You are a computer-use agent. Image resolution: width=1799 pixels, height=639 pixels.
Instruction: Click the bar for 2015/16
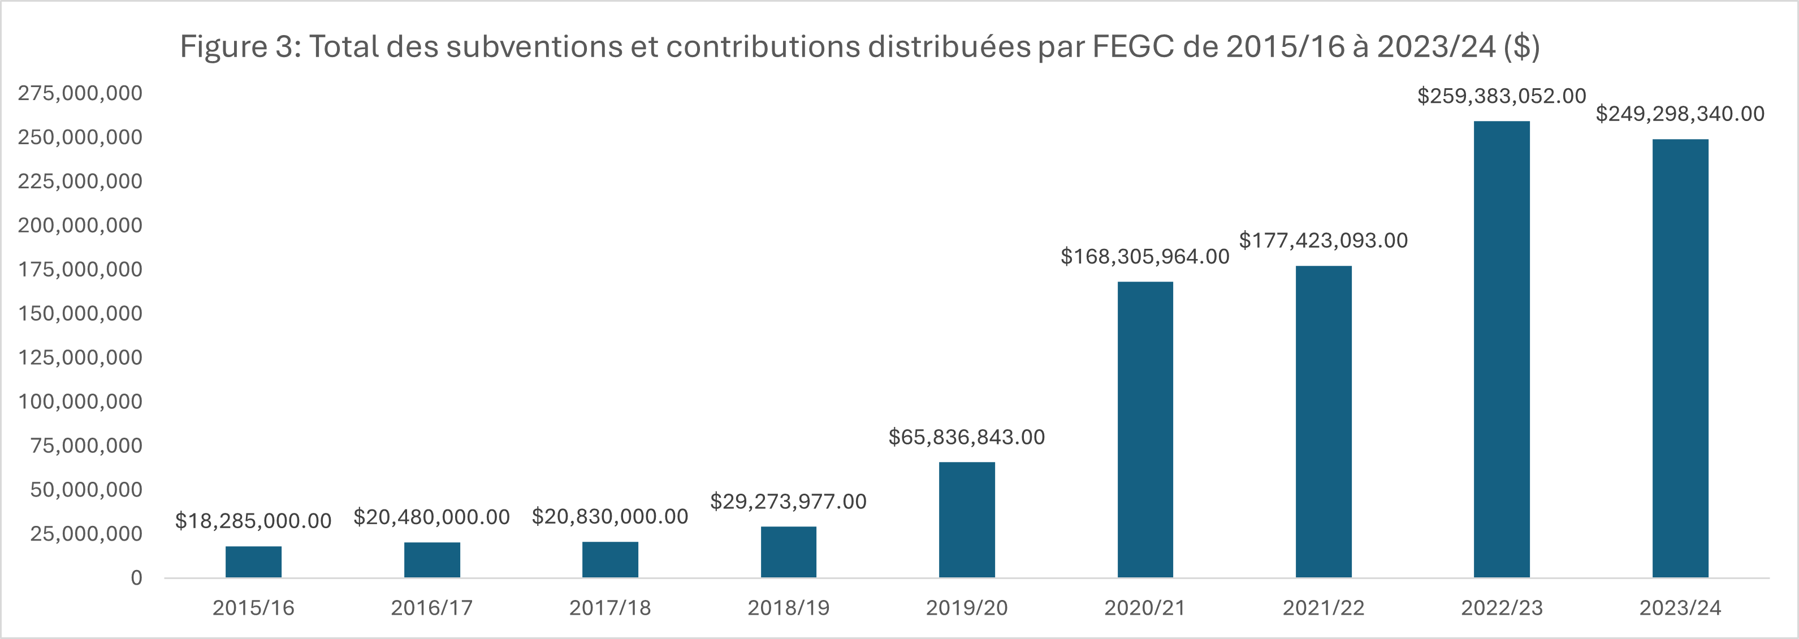253,562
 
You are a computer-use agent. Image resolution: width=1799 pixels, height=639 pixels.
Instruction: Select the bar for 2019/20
967,520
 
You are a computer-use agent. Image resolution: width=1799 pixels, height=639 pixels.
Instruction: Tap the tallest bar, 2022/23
1502,349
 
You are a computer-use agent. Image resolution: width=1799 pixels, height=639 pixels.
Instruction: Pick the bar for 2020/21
1145,430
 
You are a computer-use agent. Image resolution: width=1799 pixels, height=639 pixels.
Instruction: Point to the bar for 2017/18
609,559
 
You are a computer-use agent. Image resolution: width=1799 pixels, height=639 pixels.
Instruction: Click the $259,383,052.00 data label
1502,96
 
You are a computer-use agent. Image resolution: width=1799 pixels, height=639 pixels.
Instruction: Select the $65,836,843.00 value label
967,437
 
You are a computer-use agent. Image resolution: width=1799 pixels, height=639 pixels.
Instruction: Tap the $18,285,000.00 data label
253,521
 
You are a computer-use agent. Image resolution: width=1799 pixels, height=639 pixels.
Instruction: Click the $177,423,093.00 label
1324,240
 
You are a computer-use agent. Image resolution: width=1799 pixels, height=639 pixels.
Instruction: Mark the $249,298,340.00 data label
1680,114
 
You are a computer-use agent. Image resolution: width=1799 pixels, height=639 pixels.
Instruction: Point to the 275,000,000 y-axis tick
80,93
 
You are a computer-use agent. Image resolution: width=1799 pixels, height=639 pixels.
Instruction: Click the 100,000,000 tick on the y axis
80,401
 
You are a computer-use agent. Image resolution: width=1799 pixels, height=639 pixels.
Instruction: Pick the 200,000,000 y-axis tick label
80,226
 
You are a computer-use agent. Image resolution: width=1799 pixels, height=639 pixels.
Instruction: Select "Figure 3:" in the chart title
240,47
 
